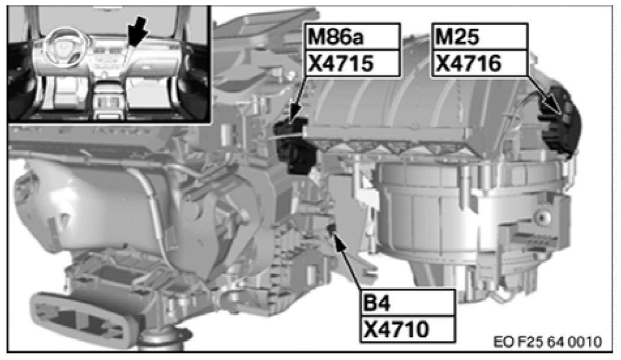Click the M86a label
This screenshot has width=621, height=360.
336,37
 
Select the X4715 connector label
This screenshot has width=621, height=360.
340,63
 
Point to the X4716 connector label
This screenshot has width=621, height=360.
468,63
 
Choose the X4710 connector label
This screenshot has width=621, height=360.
396,329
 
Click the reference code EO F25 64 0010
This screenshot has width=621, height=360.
547,342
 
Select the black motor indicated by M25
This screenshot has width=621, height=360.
560,121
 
